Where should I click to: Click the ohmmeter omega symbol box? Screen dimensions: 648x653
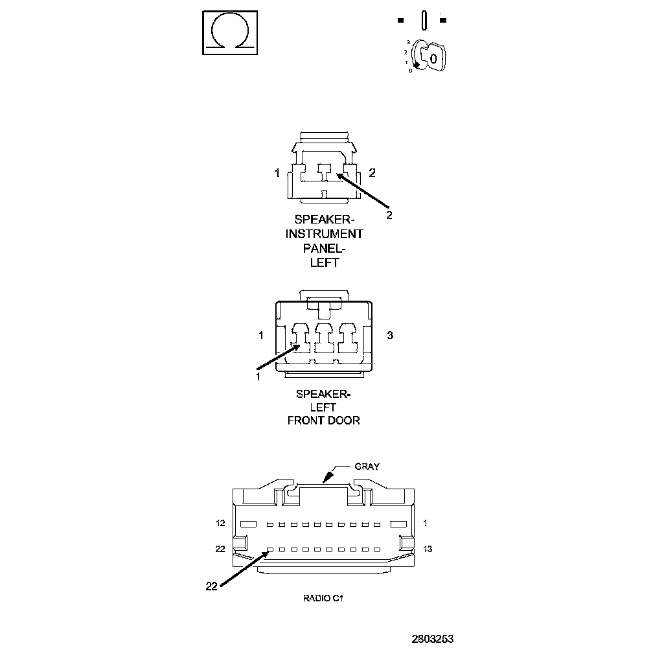tap(229, 31)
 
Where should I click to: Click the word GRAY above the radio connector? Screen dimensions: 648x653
tap(367, 466)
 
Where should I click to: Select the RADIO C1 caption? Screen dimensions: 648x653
tap(323, 598)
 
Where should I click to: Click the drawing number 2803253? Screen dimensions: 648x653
tap(432, 638)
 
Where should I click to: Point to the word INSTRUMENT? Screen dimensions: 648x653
tap(325, 233)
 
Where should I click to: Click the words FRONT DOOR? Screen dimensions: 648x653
tap(324, 421)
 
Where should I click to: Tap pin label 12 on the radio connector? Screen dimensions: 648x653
tap(220, 523)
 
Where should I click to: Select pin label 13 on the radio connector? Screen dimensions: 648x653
tap(428, 549)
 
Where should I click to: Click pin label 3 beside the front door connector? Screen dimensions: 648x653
tap(390, 335)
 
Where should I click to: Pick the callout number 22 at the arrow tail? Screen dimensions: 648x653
tap(211, 586)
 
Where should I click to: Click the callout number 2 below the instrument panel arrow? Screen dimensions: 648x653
tap(389, 215)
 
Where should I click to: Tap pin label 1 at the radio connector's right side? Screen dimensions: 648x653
tap(426, 523)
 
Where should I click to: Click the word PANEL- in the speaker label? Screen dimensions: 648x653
tap(325, 248)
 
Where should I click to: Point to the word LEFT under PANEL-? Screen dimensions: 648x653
tap(325, 263)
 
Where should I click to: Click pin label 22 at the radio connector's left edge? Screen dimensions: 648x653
tap(220, 549)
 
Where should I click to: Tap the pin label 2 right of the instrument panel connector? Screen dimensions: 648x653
tap(372, 172)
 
